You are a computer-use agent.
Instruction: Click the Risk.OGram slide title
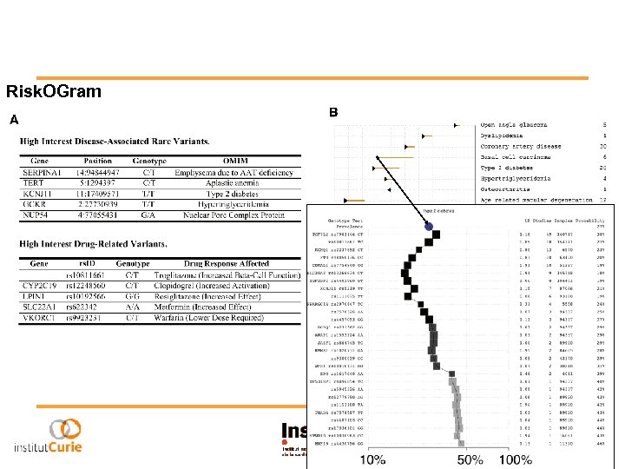54,91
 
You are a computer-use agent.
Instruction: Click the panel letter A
14,120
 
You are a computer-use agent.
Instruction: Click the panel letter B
334,113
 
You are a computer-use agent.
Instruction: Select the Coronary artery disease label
521,147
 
